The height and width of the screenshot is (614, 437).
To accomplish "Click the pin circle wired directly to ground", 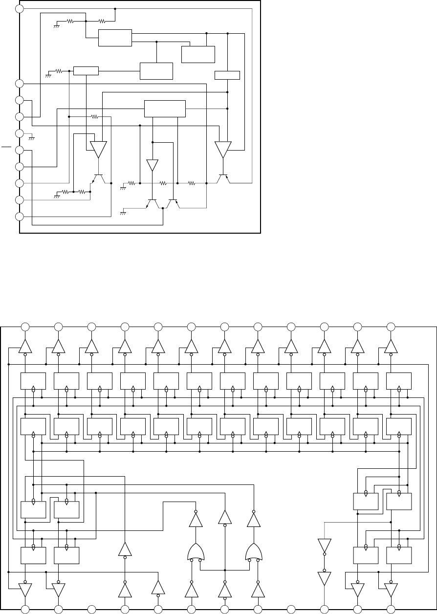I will [x=19, y=133].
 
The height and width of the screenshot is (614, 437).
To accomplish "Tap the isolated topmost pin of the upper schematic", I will [x=19, y=9].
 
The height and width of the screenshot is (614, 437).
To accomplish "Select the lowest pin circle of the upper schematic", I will [x=19, y=217].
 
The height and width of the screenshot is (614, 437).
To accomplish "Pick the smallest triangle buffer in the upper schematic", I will [x=153, y=165].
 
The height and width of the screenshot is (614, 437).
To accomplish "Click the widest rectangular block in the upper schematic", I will [x=165, y=109].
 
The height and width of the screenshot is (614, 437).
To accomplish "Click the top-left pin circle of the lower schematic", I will [x=25, y=326].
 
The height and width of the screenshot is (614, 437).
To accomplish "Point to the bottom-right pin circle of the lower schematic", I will [x=391, y=609].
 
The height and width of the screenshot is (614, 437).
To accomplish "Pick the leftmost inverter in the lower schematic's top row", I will [x=25, y=346].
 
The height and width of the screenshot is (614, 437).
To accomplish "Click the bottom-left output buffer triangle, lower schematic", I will [x=25, y=590].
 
